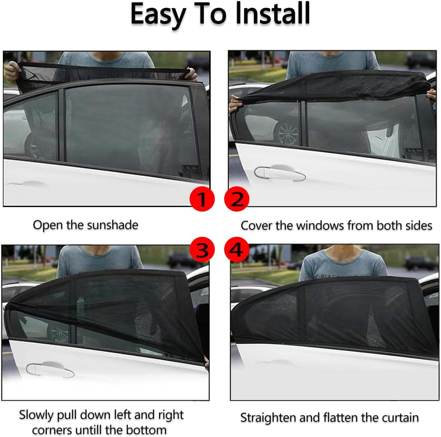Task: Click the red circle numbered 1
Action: point(202,199)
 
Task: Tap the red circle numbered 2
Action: point(237,199)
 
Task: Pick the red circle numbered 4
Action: point(237,250)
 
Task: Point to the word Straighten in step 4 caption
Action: point(268,417)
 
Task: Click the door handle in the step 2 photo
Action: point(279,173)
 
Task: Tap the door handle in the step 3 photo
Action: point(50,370)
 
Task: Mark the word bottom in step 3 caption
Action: point(147,430)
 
